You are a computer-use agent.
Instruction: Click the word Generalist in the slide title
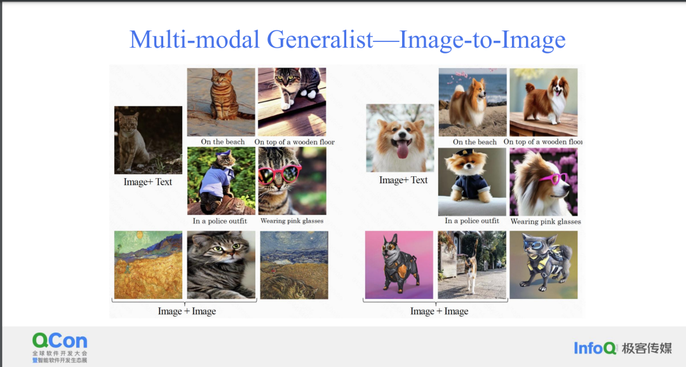tap(319, 40)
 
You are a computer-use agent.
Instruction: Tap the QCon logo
tap(60, 348)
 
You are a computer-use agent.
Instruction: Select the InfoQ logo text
tap(595, 349)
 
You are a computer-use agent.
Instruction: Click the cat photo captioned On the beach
tap(221, 102)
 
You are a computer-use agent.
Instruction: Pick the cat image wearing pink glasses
tap(292, 181)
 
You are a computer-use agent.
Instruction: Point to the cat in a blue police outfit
tap(221, 181)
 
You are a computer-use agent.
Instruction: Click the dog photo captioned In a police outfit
tap(472, 182)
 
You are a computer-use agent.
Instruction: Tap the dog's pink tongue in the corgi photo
tap(402, 149)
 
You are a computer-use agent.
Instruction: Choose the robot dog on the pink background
tap(399, 265)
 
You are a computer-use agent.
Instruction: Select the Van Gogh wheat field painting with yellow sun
tap(148, 265)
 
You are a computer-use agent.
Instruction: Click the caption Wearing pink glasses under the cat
tap(292, 221)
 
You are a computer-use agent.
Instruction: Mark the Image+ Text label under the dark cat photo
tap(148, 182)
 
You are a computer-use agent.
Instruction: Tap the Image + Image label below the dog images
tap(440, 311)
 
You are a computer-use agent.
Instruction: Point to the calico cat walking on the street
tap(472, 265)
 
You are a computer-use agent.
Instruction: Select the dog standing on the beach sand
tap(473, 102)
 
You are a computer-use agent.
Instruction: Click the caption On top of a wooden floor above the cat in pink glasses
tap(295, 142)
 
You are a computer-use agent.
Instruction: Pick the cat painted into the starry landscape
tap(294, 265)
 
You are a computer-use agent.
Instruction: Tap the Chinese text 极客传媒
tap(647, 349)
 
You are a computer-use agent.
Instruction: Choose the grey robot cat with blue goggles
tap(543, 265)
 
